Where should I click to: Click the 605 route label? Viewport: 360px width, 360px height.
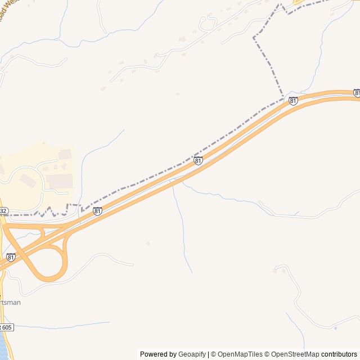5,327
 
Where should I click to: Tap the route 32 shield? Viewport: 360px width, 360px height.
3,211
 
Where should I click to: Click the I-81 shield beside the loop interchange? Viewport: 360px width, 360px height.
11,257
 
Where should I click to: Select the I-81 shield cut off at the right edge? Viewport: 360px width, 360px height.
357,92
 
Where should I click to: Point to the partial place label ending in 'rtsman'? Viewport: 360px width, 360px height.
12,302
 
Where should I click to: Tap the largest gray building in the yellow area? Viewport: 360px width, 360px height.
58,181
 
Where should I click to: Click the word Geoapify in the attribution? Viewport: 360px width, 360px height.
192,354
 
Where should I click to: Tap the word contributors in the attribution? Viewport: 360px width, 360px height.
340,354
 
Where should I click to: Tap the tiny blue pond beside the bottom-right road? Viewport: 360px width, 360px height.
335,328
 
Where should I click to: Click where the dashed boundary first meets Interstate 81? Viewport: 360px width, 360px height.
283,98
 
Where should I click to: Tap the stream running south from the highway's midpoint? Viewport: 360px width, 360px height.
181,225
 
